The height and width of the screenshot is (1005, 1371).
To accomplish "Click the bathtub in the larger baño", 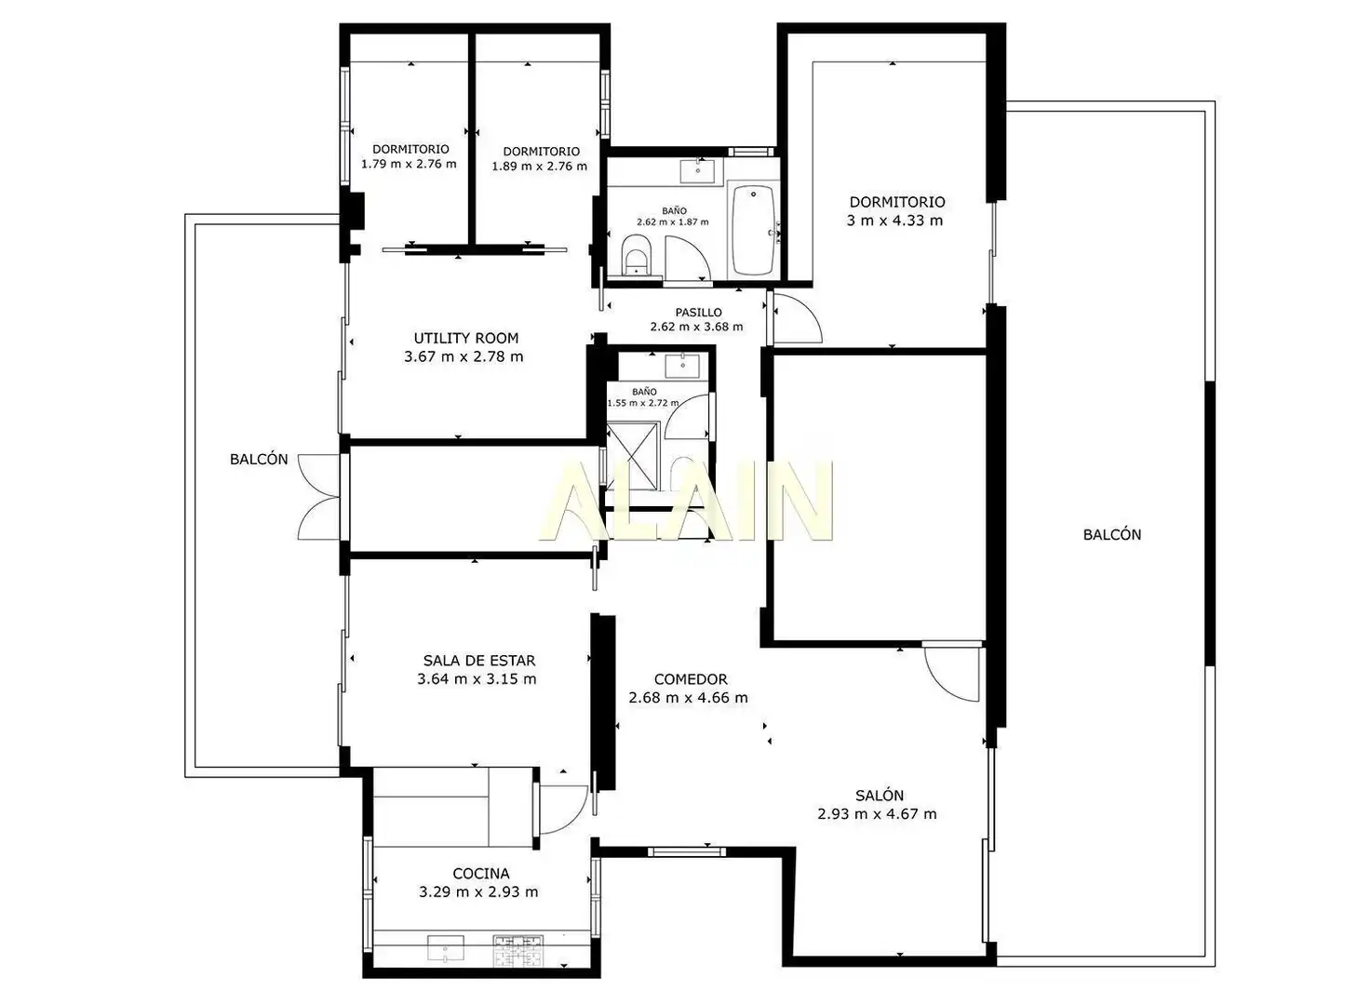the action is tap(753, 230).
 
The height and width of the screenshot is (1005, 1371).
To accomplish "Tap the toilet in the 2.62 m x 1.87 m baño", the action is tap(636, 258).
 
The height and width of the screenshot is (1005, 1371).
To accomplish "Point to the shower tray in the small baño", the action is tap(633, 455).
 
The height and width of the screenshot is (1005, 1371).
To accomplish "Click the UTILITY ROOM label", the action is tap(465, 338).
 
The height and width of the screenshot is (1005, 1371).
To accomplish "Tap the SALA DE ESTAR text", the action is tap(479, 661).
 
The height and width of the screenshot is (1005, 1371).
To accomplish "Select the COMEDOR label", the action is tap(691, 678).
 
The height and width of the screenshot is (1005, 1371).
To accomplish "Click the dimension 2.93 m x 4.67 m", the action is tap(877, 813).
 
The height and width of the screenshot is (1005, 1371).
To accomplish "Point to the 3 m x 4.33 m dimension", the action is tap(894, 221).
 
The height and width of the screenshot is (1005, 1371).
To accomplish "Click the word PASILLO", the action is tap(698, 312).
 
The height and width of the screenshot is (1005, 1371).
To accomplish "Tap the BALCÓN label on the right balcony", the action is tap(1111, 534).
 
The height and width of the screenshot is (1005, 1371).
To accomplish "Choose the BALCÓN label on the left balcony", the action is tap(259, 459).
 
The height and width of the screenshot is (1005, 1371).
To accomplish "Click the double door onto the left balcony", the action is tap(319, 497).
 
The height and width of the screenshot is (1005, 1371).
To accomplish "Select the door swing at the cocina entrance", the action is tap(563, 810).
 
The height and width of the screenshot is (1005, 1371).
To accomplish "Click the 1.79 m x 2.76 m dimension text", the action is tap(409, 164).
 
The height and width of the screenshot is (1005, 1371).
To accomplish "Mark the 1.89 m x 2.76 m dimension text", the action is tap(539, 166).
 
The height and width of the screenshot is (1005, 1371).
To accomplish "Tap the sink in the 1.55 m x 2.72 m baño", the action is tap(682, 366).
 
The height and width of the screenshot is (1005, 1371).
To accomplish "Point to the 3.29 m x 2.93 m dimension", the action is tap(478, 891).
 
